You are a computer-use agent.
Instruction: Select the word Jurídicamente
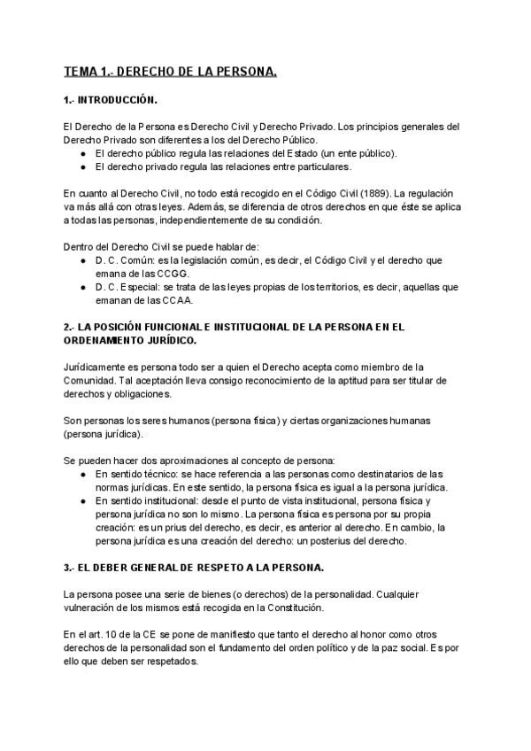pyautogui.click(x=97, y=367)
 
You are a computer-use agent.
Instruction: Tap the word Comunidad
pyautogui.click(x=93, y=380)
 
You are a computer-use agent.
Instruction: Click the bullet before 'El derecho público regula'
pyautogui.click(x=82, y=153)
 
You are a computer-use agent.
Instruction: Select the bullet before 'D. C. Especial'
pyautogui.click(x=82, y=288)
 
